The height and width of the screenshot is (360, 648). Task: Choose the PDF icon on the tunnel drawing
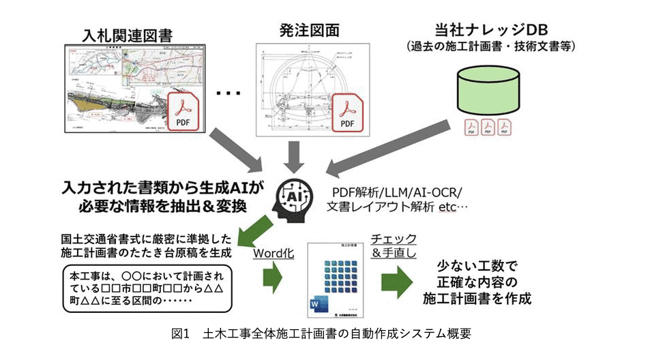[x=347, y=112]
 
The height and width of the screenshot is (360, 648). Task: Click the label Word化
[x=273, y=253]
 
